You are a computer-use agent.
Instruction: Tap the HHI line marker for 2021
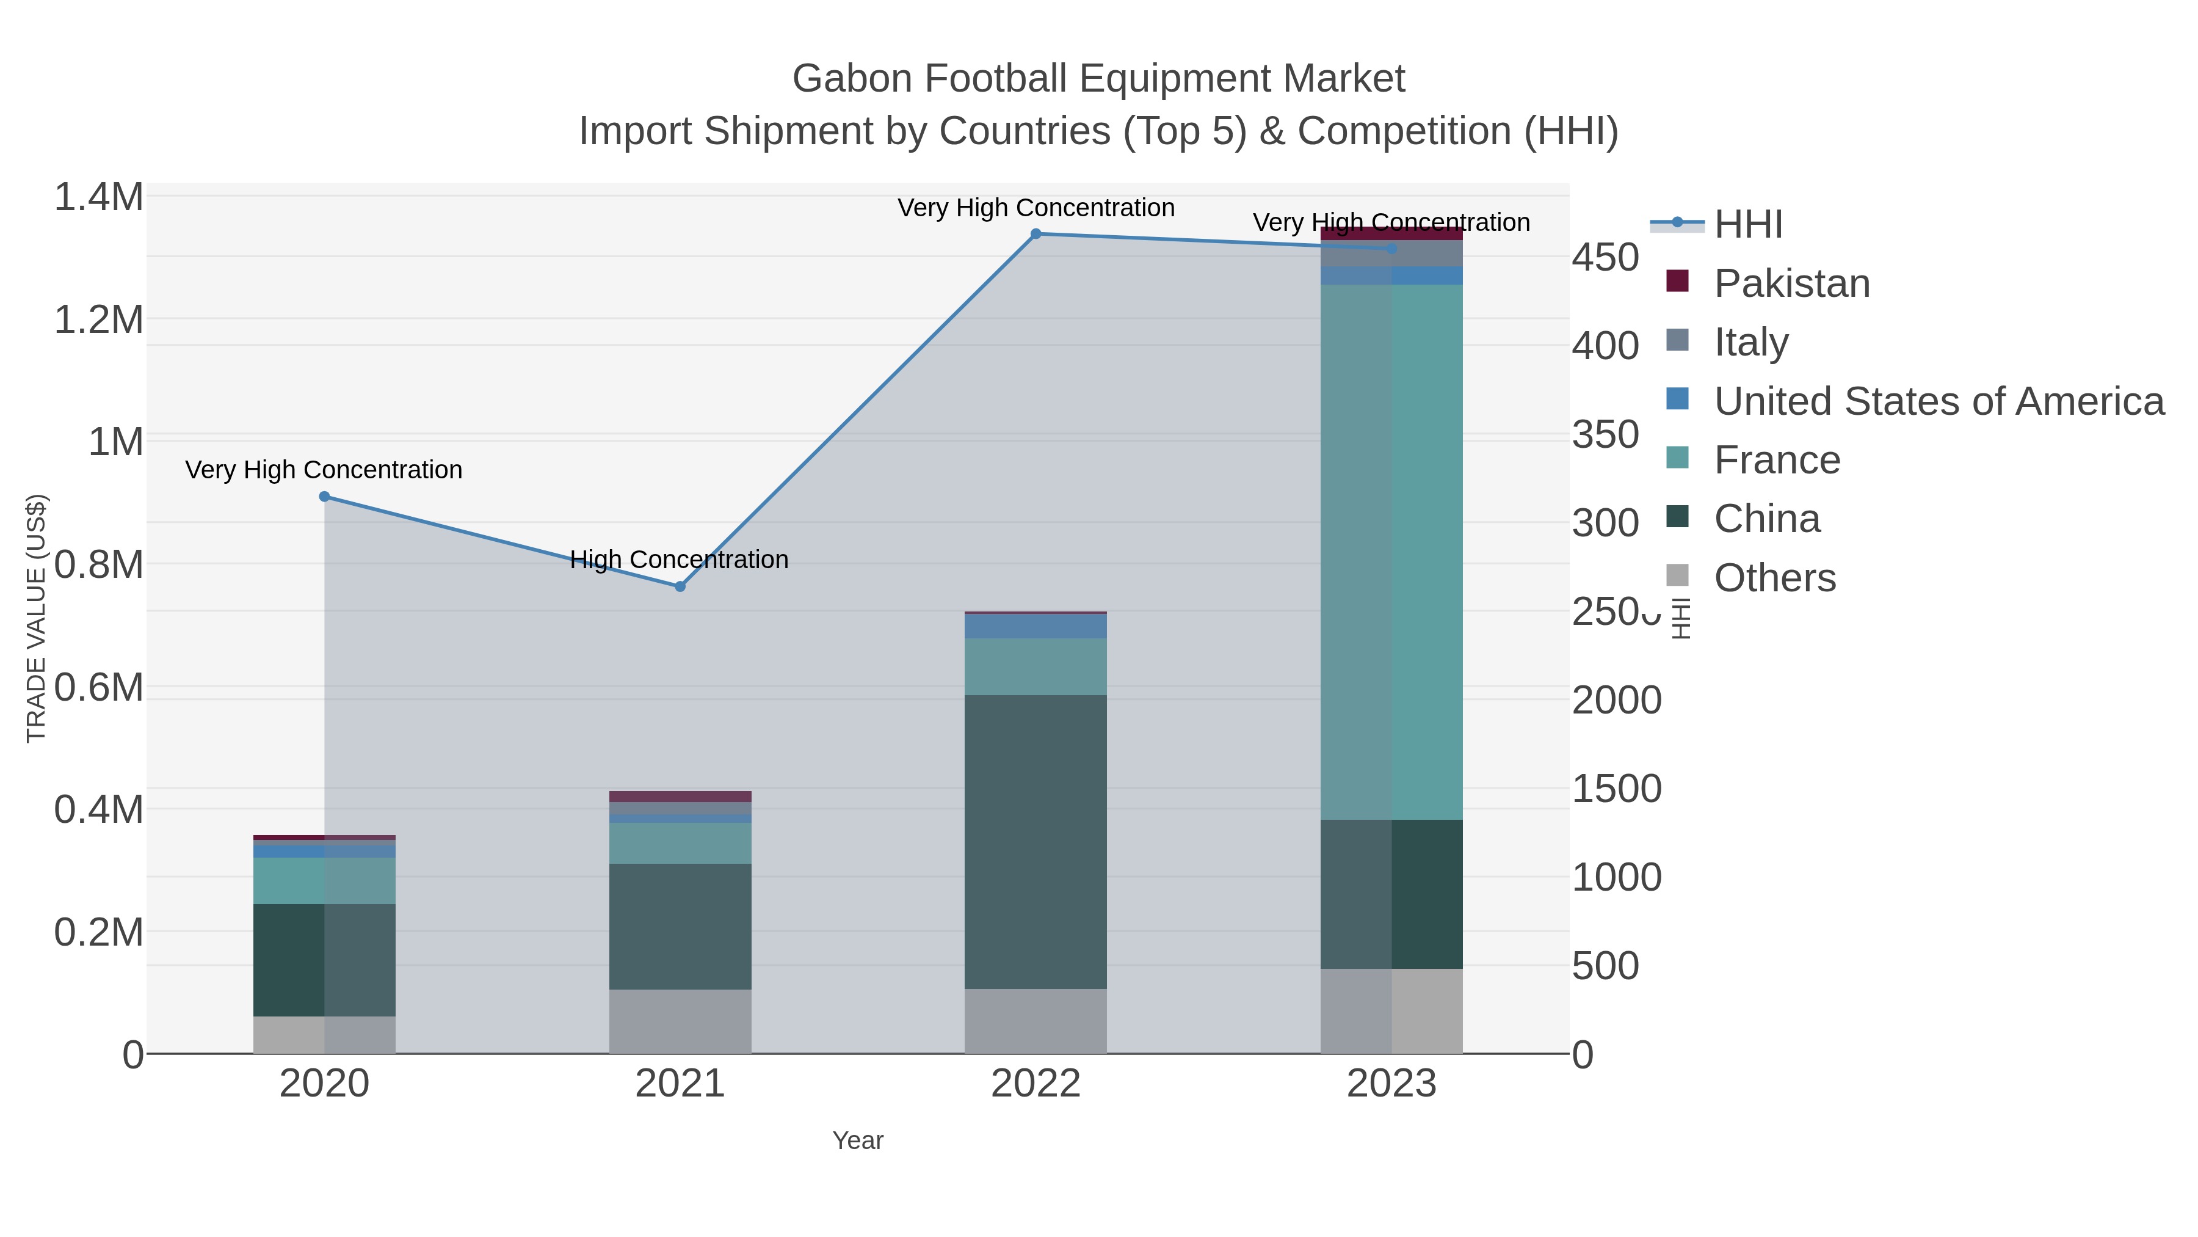pyautogui.click(x=680, y=586)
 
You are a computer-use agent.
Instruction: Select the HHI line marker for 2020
pyautogui.click(x=324, y=497)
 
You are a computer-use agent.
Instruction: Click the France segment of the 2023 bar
pyautogui.click(x=1391, y=552)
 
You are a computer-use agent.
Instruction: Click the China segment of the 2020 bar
pyautogui.click(x=324, y=960)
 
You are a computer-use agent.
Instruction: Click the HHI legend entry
pyautogui.click(x=1747, y=225)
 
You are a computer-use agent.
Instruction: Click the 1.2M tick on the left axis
pyautogui.click(x=99, y=320)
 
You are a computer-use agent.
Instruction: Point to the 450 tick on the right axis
pyautogui.click(x=1605, y=258)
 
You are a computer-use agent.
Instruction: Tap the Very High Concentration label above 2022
pyautogui.click(x=1036, y=208)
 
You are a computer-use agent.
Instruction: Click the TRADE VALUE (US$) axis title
pyautogui.click(x=36, y=618)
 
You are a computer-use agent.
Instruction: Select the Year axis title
pyautogui.click(x=858, y=1140)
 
